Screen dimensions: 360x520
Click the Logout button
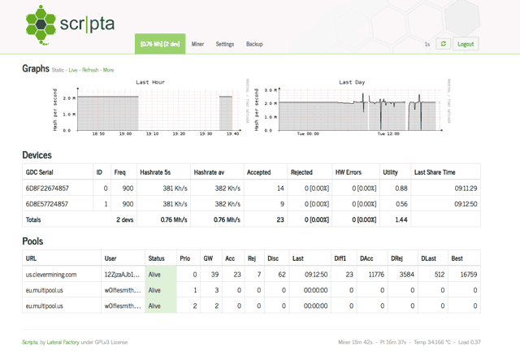click(466, 44)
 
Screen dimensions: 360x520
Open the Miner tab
click(198, 44)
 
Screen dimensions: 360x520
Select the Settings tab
click(225, 44)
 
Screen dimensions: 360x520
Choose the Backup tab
click(254, 44)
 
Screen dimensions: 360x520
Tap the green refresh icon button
click(443, 44)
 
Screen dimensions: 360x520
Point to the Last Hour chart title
click(150, 82)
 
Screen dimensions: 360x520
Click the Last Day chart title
click(352, 82)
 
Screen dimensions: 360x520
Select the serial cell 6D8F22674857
click(48, 188)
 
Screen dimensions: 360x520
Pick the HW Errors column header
click(350, 171)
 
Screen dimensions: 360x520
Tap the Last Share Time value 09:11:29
click(465, 188)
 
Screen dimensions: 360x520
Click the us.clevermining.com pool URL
click(50, 275)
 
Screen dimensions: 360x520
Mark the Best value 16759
click(465, 275)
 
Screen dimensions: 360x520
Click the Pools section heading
click(32, 241)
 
